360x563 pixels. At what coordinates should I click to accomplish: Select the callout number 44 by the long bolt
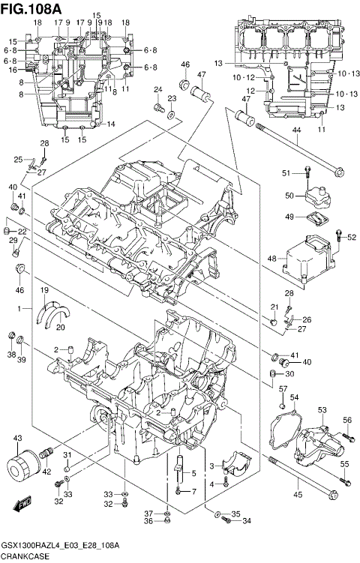(295, 130)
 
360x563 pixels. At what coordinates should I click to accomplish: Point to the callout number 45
(297, 495)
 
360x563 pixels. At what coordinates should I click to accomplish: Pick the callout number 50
(288, 196)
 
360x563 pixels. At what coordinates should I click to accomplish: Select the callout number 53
(323, 409)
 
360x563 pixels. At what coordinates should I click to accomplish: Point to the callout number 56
(347, 420)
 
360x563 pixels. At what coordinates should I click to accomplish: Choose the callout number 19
(44, 290)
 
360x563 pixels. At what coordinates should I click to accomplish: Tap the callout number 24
(158, 90)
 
